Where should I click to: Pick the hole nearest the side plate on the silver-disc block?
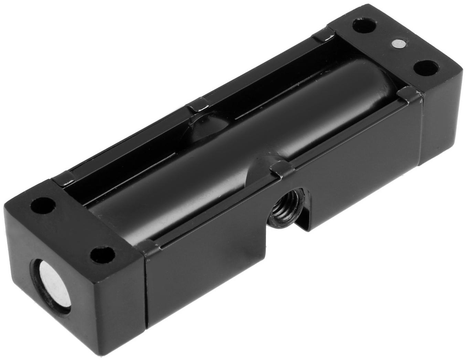click(103, 255)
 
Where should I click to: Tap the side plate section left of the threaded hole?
click(206, 275)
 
